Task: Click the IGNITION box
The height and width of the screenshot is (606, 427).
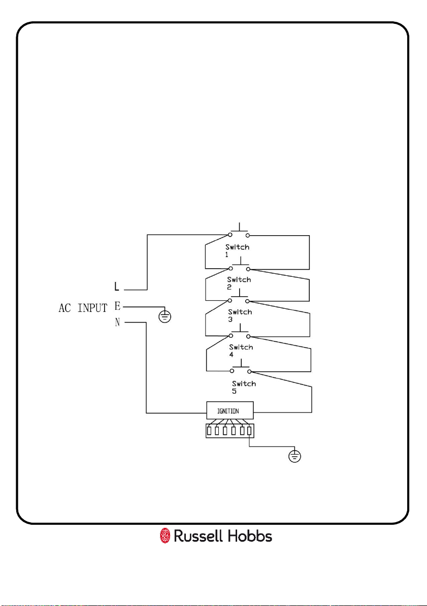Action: click(230, 410)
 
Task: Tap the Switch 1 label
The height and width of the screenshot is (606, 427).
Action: click(237, 250)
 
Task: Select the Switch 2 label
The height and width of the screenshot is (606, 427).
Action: click(239, 283)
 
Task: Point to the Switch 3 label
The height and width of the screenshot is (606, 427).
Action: click(240, 315)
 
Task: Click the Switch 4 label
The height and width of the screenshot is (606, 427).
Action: click(241, 350)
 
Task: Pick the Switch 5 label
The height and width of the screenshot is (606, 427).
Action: click(244, 387)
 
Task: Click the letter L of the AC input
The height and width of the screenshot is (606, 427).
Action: click(117, 286)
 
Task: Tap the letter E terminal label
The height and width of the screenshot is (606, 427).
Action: click(117, 306)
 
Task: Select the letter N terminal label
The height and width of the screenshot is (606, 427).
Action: click(117, 323)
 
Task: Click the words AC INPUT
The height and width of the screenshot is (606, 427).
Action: click(83, 308)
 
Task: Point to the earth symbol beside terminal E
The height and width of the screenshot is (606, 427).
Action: click(165, 316)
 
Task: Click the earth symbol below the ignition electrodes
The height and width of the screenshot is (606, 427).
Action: click(295, 457)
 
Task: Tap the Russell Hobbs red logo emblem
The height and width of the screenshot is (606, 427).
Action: click(165, 536)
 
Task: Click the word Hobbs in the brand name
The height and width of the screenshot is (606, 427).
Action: click(250, 536)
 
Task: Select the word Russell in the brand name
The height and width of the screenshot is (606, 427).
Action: click(199, 536)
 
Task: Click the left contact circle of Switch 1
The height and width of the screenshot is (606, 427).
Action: click(231, 235)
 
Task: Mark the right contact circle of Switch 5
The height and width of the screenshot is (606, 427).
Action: click(249, 372)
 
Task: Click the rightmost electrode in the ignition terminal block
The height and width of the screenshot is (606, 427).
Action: click(249, 431)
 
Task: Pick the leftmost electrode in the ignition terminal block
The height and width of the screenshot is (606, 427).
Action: click(209, 431)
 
